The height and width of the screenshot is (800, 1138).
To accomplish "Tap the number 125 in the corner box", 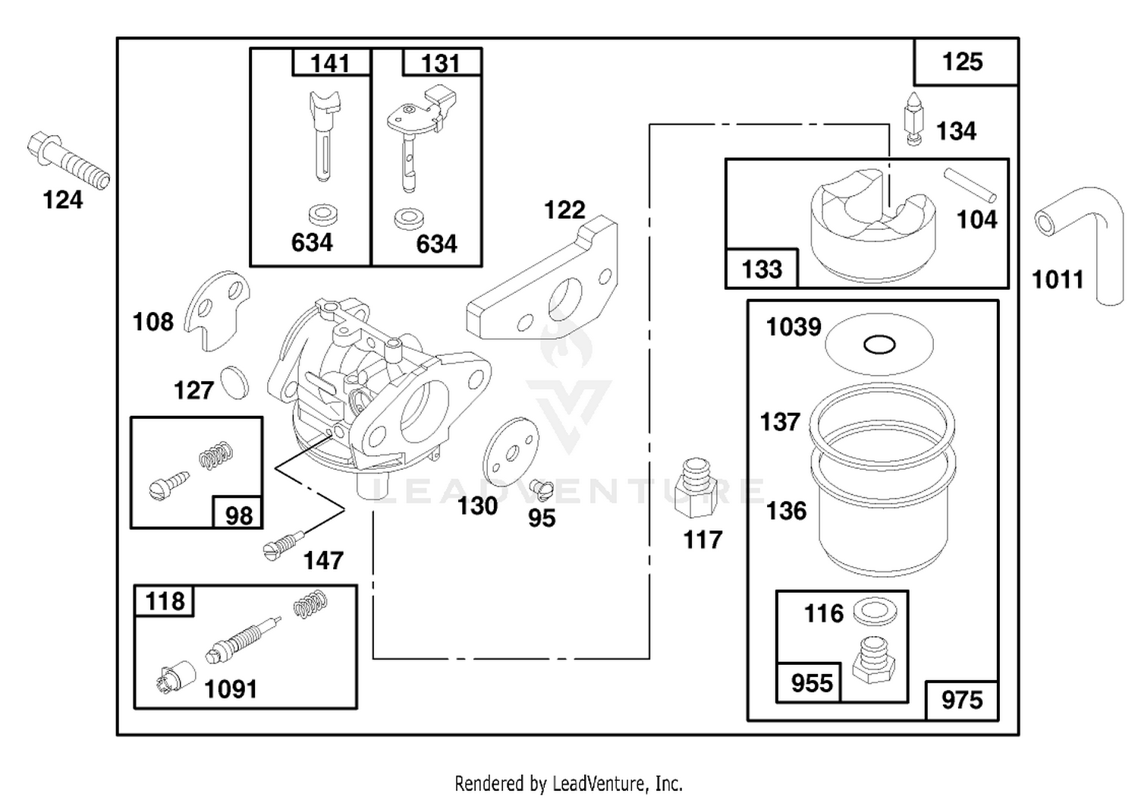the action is point(962,62).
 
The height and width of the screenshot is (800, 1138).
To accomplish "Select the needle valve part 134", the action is point(913,119).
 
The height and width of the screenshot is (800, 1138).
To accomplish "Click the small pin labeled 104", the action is point(970,185).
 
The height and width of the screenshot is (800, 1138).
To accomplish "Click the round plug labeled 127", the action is point(234,383).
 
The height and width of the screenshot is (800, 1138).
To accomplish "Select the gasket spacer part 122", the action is point(542,278).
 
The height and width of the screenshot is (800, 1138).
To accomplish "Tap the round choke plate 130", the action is point(510,452).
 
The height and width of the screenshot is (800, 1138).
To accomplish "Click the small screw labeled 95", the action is point(541,488).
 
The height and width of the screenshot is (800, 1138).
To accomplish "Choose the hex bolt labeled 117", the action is point(695,488).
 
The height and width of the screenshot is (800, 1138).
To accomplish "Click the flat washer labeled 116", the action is point(875,612).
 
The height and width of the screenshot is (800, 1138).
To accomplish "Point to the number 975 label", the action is point(962,700).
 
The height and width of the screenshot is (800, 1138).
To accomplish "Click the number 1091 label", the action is point(231,689).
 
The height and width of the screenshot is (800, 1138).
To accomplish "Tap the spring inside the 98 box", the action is point(216,455).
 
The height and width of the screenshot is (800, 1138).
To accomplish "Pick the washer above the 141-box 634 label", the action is point(323,215).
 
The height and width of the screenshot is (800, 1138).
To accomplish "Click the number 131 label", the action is point(441,64).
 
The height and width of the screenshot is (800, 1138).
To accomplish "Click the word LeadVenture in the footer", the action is point(599,783).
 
